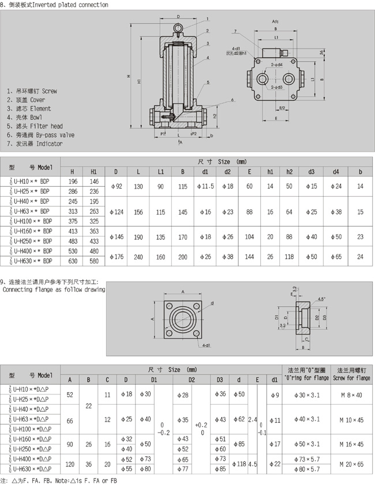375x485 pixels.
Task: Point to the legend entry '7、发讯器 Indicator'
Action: pos(35,144)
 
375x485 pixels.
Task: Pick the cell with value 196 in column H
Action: pos(73,182)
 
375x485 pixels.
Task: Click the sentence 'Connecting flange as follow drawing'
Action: pos(54,290)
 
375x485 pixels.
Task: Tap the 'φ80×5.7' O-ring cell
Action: pos(307,470)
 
